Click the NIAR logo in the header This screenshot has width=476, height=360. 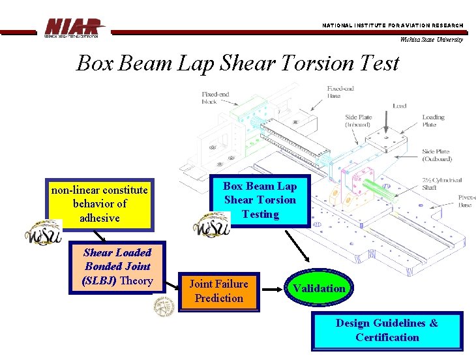click(74, 27)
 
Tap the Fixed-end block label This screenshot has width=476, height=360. click(216, 98)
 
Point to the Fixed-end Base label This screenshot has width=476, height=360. click(342, 92)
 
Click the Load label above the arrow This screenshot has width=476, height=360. click(399, 105)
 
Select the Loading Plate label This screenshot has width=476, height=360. click(433, 121)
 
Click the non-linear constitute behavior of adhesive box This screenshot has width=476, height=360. click(100, 204)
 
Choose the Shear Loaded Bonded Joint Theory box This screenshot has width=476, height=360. click(117, 267)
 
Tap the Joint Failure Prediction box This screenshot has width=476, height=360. click(218, 292)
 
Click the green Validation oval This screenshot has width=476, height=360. click(318, 288)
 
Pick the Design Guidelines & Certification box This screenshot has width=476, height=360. click(387, 330)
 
